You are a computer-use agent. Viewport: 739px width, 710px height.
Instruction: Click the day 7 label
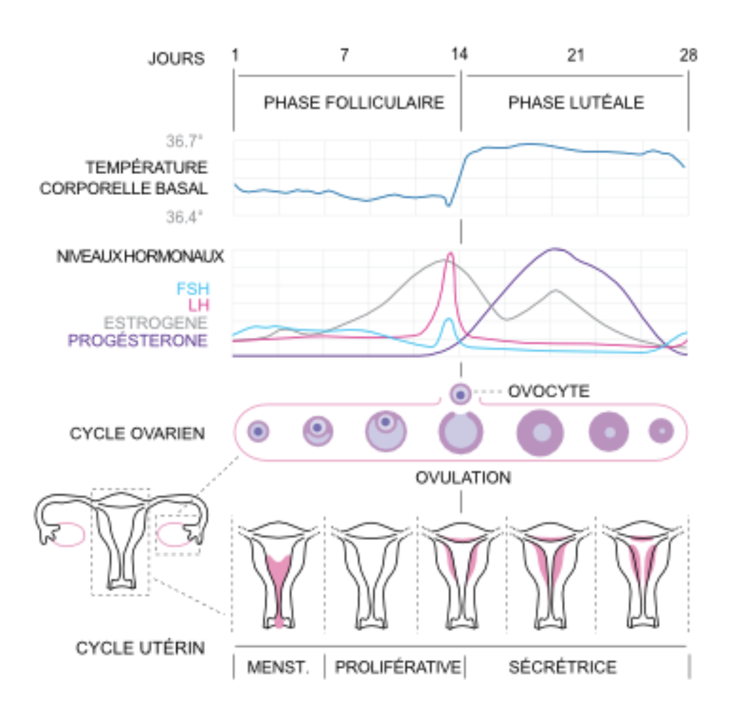(x=344, y=55)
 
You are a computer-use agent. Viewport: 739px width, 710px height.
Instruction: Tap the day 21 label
(x=575, y=55)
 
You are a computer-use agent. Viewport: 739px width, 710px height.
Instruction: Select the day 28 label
(x=688, y=55)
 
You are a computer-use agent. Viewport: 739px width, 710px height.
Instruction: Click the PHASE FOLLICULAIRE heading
(x=354, y=102)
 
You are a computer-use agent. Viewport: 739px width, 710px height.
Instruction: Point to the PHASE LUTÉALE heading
(x=576, y=102)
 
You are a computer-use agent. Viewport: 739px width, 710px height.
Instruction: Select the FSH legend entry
(x=192, y=289)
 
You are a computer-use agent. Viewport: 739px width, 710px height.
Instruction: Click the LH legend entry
(x=199, y=305)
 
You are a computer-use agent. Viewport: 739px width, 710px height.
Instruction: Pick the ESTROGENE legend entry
(x=156, y=323)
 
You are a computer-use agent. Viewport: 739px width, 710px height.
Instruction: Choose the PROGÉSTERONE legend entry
(x=137, y=340)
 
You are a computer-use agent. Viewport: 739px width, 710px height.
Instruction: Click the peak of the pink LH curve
(x=450, y=254)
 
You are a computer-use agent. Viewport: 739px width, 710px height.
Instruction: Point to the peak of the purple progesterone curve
(x=555, y=249)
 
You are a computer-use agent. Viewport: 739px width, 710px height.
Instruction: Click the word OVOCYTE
(x=548, y=391)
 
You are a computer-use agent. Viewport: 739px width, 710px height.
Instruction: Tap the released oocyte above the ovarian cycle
(x=460, y=394)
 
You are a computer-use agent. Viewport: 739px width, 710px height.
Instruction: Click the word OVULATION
(x=463, y=477)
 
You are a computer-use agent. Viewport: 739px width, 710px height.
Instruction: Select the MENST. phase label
(x=278, y=667)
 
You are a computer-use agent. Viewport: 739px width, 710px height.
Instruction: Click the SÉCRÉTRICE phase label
(x=562, y=667)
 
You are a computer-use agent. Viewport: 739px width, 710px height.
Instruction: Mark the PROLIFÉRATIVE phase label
(x=398, y=667)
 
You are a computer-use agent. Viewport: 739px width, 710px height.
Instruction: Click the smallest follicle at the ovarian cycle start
(x=258, y=432)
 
